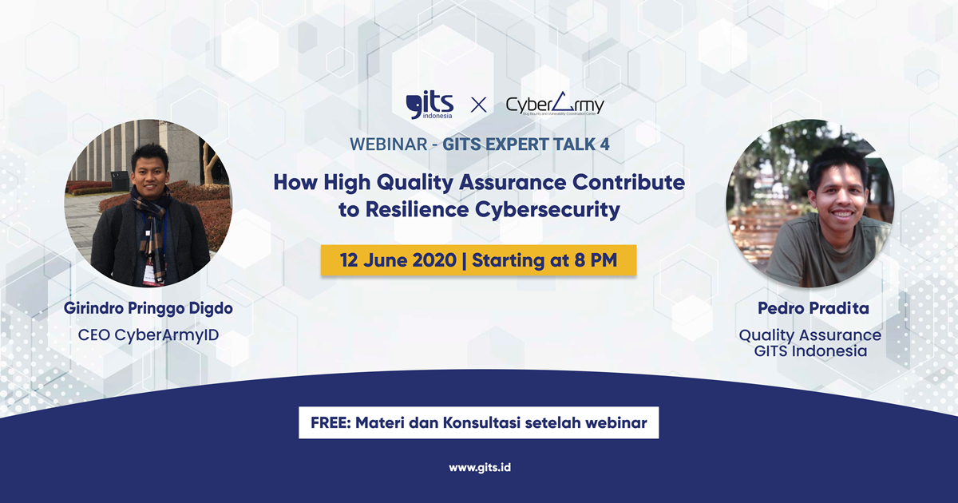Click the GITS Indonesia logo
[430, 105]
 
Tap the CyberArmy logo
[555, 105]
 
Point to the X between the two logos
[478, 105]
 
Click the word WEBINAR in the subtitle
[388, 145]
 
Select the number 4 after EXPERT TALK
[605, 145]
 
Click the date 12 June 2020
[398, 260]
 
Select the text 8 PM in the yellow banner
[596, 260]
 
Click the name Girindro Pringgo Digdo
[148, 309]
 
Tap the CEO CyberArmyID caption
[148, 335]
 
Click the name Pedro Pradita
[814, 308]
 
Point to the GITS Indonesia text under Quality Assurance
[810, 351]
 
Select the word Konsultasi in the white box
[481, 422]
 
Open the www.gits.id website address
[480, 468]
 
